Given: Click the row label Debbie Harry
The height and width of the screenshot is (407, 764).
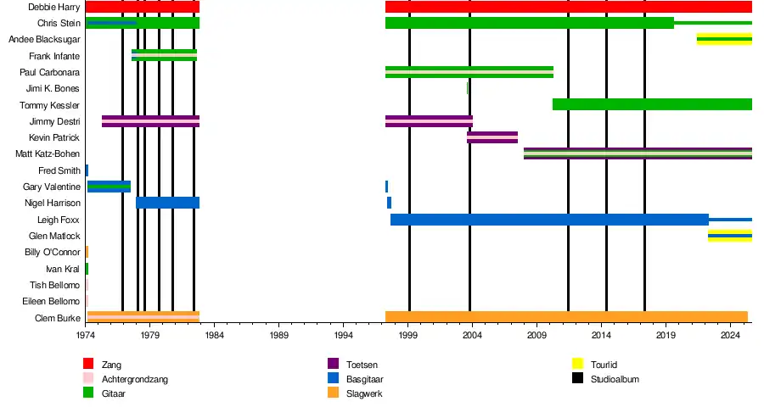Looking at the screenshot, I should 54,7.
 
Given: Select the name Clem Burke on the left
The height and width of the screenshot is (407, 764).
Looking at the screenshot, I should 59,318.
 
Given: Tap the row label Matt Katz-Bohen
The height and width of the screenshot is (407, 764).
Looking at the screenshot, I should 48,154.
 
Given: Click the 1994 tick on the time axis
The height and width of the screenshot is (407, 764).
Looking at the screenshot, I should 343,335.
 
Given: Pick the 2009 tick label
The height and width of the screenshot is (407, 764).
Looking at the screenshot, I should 536,335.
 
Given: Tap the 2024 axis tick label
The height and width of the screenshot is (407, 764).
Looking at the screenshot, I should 729,335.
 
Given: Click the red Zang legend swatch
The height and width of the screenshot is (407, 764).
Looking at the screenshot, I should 87,365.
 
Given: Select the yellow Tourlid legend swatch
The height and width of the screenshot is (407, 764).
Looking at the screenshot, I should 576,365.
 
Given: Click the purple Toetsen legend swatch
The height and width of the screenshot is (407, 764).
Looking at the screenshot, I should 332,365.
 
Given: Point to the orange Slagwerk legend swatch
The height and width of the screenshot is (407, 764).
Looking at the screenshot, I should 332,393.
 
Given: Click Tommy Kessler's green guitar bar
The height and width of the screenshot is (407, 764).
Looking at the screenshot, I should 652,104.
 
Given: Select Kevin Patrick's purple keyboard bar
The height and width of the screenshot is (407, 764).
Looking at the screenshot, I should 492,137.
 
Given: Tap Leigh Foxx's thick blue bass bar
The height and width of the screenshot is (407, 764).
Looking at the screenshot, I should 549,220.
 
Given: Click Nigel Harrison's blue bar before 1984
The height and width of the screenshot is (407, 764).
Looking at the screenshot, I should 167,203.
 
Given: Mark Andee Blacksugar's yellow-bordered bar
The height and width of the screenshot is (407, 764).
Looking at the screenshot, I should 724,39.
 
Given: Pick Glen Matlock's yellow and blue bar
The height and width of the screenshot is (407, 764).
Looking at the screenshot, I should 729,236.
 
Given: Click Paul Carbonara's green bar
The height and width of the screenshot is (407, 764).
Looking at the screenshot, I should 469,72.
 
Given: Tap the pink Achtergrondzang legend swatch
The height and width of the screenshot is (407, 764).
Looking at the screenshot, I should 87,379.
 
